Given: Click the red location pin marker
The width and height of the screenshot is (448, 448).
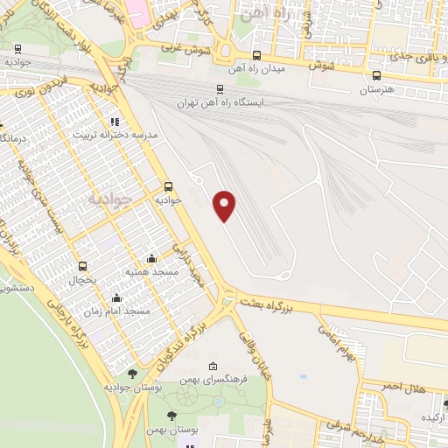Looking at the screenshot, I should [x=225, y=206].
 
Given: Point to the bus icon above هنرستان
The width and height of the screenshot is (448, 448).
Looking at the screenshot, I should [x=376, y=75].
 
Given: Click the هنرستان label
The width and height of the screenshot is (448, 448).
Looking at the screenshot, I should [x=376, y=89].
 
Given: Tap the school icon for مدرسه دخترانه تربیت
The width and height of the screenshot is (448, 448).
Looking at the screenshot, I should [x=114, y=122].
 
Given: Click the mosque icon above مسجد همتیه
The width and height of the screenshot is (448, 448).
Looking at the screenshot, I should [x=152, y=258].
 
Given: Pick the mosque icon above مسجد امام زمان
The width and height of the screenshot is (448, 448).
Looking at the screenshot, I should [x=115, y=297].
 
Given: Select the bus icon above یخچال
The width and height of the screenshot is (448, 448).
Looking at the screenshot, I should [x=83, y=266].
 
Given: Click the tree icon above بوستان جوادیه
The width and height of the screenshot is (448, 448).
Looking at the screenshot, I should [x=132, y=374].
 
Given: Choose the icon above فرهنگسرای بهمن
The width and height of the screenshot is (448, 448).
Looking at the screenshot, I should [x=213, y=366].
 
